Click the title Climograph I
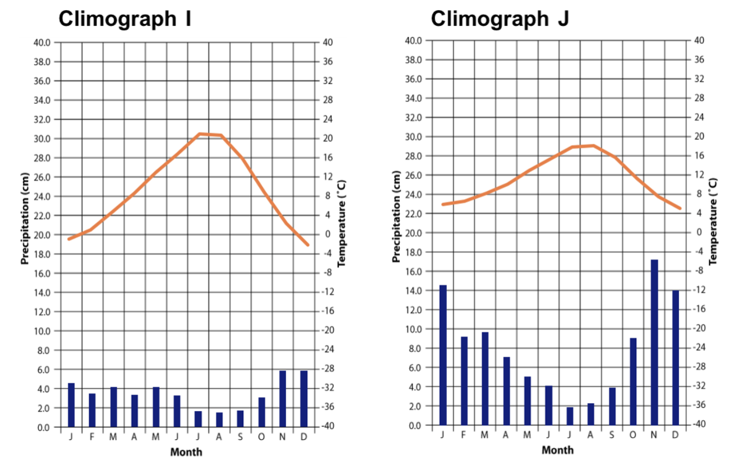(125, 19)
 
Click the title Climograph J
(500, 19)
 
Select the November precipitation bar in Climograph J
(654, 342)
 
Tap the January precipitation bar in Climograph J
(443, 355)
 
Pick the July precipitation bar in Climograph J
(570, 416)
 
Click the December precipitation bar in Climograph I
(303, 398)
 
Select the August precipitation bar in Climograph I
(219, 420)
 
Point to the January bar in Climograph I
(71, 404)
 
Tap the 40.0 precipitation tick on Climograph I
(43, 42)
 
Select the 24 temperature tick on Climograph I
(329, 119)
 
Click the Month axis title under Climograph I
(186, 452)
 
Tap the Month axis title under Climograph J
(558, 450)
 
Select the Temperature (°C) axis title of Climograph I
(342, 223)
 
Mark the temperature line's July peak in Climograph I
(199, 134)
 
